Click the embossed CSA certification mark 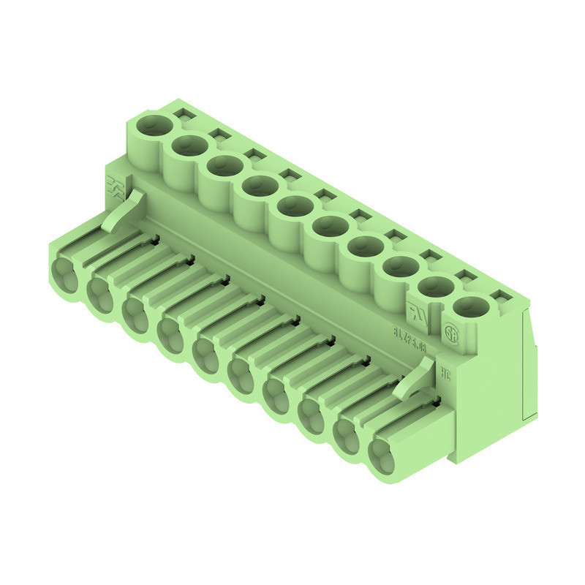coord(451,329)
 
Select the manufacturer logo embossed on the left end coord(114,184)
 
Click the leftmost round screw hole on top coord(152,124)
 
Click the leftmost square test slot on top coord(182,115)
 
